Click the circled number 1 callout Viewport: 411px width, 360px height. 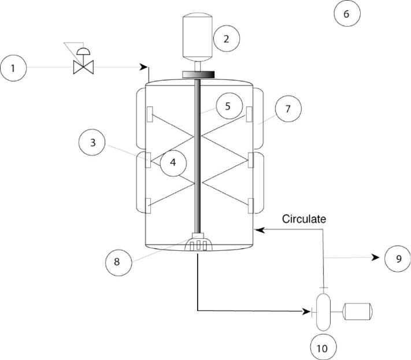13,68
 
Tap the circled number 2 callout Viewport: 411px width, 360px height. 227,39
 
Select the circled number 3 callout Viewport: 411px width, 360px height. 92,143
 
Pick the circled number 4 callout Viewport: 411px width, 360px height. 173,162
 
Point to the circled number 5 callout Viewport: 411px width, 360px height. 229,106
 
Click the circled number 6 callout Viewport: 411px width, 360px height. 347,13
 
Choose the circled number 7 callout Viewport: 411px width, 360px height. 288,109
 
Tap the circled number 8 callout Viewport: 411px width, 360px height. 119,262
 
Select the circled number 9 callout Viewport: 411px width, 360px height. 398,259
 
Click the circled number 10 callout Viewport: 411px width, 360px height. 323,348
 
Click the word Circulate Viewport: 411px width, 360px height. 304,219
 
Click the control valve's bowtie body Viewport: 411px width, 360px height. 83,68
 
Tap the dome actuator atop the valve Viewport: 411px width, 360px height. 83,51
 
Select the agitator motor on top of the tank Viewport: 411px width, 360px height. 197,36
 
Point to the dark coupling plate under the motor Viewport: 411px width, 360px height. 198,75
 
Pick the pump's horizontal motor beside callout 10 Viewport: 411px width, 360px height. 358,311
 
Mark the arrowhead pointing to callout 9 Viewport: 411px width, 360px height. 376,258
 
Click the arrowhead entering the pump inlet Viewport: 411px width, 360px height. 307,311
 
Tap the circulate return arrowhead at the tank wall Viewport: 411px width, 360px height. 259,230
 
